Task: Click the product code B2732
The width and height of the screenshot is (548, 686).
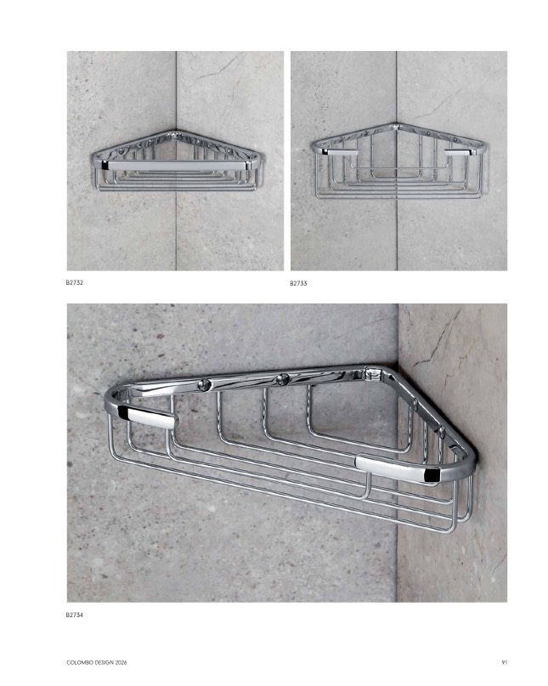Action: pos(75,282)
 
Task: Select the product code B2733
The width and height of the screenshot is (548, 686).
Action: pos(298,284)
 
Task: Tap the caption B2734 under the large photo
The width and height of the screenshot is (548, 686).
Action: pos(75,615)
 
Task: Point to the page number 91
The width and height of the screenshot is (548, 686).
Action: pos(505,662)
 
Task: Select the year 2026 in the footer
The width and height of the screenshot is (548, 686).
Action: pos(121,662)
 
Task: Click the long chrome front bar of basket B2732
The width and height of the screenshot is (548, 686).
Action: pos(176,166)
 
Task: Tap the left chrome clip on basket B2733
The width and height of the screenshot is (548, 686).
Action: pos(340,152)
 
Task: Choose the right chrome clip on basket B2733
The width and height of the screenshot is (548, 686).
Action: pos(460,152)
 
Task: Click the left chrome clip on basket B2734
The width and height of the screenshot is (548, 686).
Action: pos(148,417)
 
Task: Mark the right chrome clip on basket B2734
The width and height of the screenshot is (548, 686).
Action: pos(398,468)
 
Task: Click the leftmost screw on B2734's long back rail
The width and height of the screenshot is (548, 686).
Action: pos(204,385)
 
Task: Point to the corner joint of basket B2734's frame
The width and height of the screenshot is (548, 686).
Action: pos(373,374)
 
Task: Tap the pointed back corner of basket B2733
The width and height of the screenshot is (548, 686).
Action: pos(397,126)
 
